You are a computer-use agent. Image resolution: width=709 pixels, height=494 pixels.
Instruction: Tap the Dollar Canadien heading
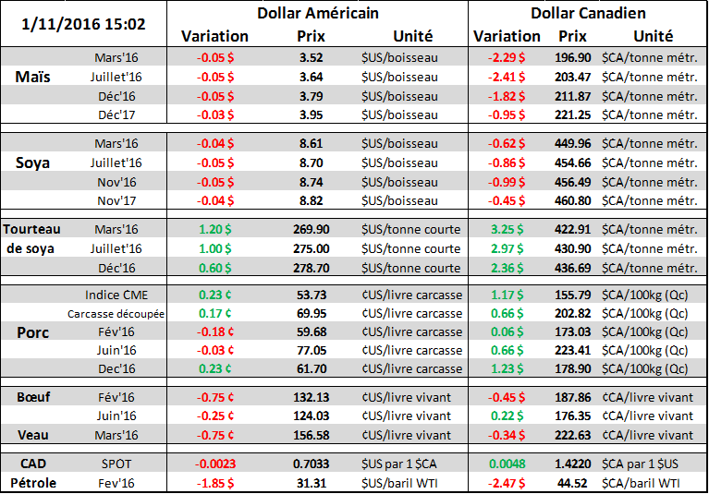click(588, 14)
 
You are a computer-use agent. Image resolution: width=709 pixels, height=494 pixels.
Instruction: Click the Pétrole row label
click(34, 480)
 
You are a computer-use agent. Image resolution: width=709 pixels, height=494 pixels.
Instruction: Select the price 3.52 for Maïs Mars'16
click(311, 58)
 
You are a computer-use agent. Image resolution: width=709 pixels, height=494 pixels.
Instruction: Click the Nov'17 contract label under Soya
click(117, 199)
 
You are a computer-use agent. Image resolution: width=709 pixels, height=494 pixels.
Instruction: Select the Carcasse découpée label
click(116, 313)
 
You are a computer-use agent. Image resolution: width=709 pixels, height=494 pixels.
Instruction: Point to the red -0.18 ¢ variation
click(215, 331)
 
